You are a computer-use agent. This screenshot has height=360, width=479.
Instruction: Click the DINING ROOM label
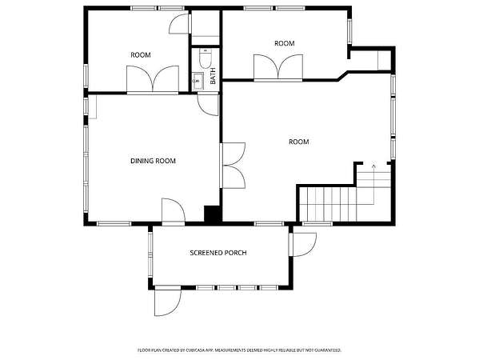click(x=153, y=161)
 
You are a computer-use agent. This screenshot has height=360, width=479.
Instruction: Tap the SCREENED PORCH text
click(x=218, y=253)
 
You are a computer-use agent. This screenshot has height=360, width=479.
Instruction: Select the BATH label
click(x=213, y=76)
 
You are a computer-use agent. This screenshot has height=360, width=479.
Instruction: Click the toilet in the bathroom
click(x=205, y=58)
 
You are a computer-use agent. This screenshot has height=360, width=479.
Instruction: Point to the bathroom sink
click(x=198, y=81)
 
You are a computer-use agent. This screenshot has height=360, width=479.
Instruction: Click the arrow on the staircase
click(x=373, y=184)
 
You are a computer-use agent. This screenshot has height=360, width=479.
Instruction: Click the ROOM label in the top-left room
click(x=141, y=55)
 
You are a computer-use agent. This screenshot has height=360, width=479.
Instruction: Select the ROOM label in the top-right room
click(x=285, y=43)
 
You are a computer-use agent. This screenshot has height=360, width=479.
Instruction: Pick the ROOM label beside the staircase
click(x=299, y=142)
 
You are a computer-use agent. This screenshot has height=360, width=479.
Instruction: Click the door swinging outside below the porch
click(x=167, y=301)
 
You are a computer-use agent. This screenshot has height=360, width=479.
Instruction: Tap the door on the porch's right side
click(x=302, y=245)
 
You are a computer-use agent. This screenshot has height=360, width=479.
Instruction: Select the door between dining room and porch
click(x=174, y=211)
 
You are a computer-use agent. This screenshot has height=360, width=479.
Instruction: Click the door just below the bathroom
click(x=208, y=105)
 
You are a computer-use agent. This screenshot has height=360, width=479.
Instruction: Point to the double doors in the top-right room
click(x=278, y=67)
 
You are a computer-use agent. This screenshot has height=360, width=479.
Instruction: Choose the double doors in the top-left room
click(x=153, y=79)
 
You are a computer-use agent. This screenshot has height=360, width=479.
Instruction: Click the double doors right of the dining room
click(x=233, y=166)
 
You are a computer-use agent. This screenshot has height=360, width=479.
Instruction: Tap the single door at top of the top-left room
click(x=180, y=23)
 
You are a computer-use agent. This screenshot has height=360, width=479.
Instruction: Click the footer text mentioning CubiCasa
click(x=239, y=350)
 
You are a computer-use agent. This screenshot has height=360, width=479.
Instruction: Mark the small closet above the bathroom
click(x=206, y=27)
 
